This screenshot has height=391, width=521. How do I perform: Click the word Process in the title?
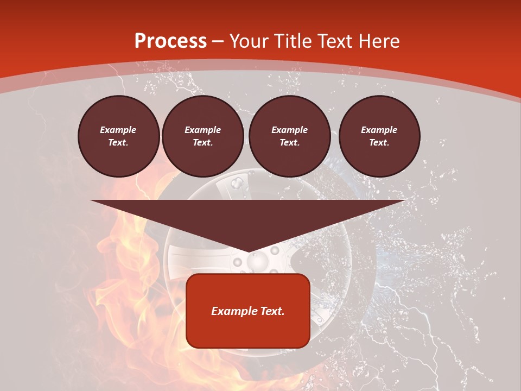click(x=170, y=41)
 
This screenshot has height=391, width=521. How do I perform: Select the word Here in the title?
click(x=378, y=41)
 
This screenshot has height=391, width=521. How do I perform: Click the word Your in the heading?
click(x=248, y=41)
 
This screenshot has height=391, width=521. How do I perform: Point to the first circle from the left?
click(x=118, y=136)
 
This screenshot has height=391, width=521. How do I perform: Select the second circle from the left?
click(x=202, y=136)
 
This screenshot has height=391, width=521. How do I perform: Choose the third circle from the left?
click(x=289, y=136)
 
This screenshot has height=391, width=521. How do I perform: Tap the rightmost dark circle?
click(x=379, y=136)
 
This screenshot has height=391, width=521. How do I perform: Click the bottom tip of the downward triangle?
click(x=248, y=252)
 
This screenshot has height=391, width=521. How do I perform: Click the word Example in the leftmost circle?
click(x=118, y=130)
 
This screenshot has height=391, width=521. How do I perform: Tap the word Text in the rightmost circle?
click(x=379, y=142)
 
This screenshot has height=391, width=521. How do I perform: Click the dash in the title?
click(x=218, y=41)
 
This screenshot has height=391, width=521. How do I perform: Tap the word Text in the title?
click(x=335, y=41)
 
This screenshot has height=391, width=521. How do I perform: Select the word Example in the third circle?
click(x=289, y=130)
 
